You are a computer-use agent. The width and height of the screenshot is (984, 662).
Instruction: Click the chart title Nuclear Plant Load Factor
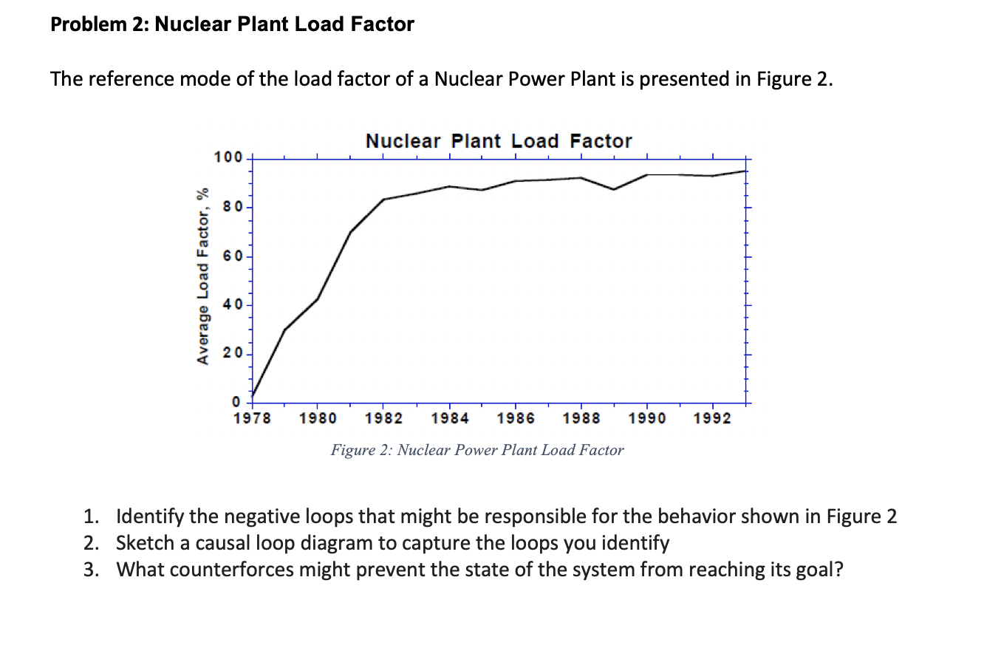pyautogui.click(x=499, y=141)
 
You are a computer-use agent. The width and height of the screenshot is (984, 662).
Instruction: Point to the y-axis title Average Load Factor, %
pyautogui.click(x=200, y=276)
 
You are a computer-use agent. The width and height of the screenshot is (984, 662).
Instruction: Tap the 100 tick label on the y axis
pyautogui.click(x=227, y=157)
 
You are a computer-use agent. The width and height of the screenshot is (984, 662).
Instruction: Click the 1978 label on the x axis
pyautogui.click(x=253, y=419)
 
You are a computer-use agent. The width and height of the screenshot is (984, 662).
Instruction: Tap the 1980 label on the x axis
pyautogui.click(x=318, y=419)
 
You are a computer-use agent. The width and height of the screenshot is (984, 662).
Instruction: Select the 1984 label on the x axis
pyautogui.click(x=450, y=419)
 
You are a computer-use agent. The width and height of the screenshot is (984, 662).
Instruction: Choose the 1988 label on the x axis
pyautogui.click(x=581, y=419)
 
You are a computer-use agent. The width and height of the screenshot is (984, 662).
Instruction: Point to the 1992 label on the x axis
pyautogui.click(x=713, y=419)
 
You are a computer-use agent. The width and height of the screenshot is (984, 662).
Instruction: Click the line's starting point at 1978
pyautogui.click(x=253, y=396)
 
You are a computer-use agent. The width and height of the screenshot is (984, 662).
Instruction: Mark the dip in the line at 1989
pyautogui.click(x=614, y=189)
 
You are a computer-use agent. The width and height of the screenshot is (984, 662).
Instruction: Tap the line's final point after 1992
pyautogui.click(x=745, y=171)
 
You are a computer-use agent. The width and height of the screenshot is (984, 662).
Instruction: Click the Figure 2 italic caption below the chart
pyautogui.click(x=477, y=450)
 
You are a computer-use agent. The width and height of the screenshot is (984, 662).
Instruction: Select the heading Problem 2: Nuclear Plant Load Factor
pyautogui.click(x=233, y=24)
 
